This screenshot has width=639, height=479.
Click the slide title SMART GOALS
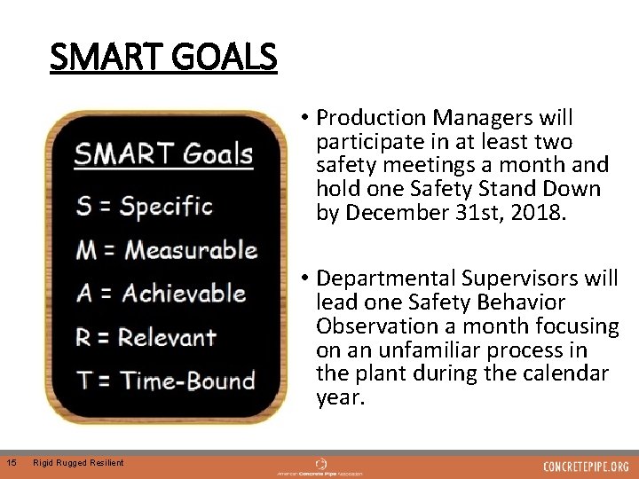(x=163, y=59)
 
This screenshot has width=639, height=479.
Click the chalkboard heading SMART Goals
(x=163, y=155)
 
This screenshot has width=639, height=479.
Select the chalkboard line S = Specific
(x=145, y=207)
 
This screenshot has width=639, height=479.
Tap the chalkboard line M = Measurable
(x=167, y=250)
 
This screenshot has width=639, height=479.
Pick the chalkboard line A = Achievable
(x=161, y=294)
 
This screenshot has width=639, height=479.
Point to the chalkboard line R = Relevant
(x=146, y=337)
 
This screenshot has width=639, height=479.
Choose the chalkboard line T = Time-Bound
(x=166, y=381)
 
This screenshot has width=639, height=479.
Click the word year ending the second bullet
(x=340, y=398)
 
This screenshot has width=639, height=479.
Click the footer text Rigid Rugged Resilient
(x=78, y=462)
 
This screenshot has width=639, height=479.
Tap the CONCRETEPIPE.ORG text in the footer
(x=586, y=467)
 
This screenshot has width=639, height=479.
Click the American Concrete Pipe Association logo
(x=320, y=467)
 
